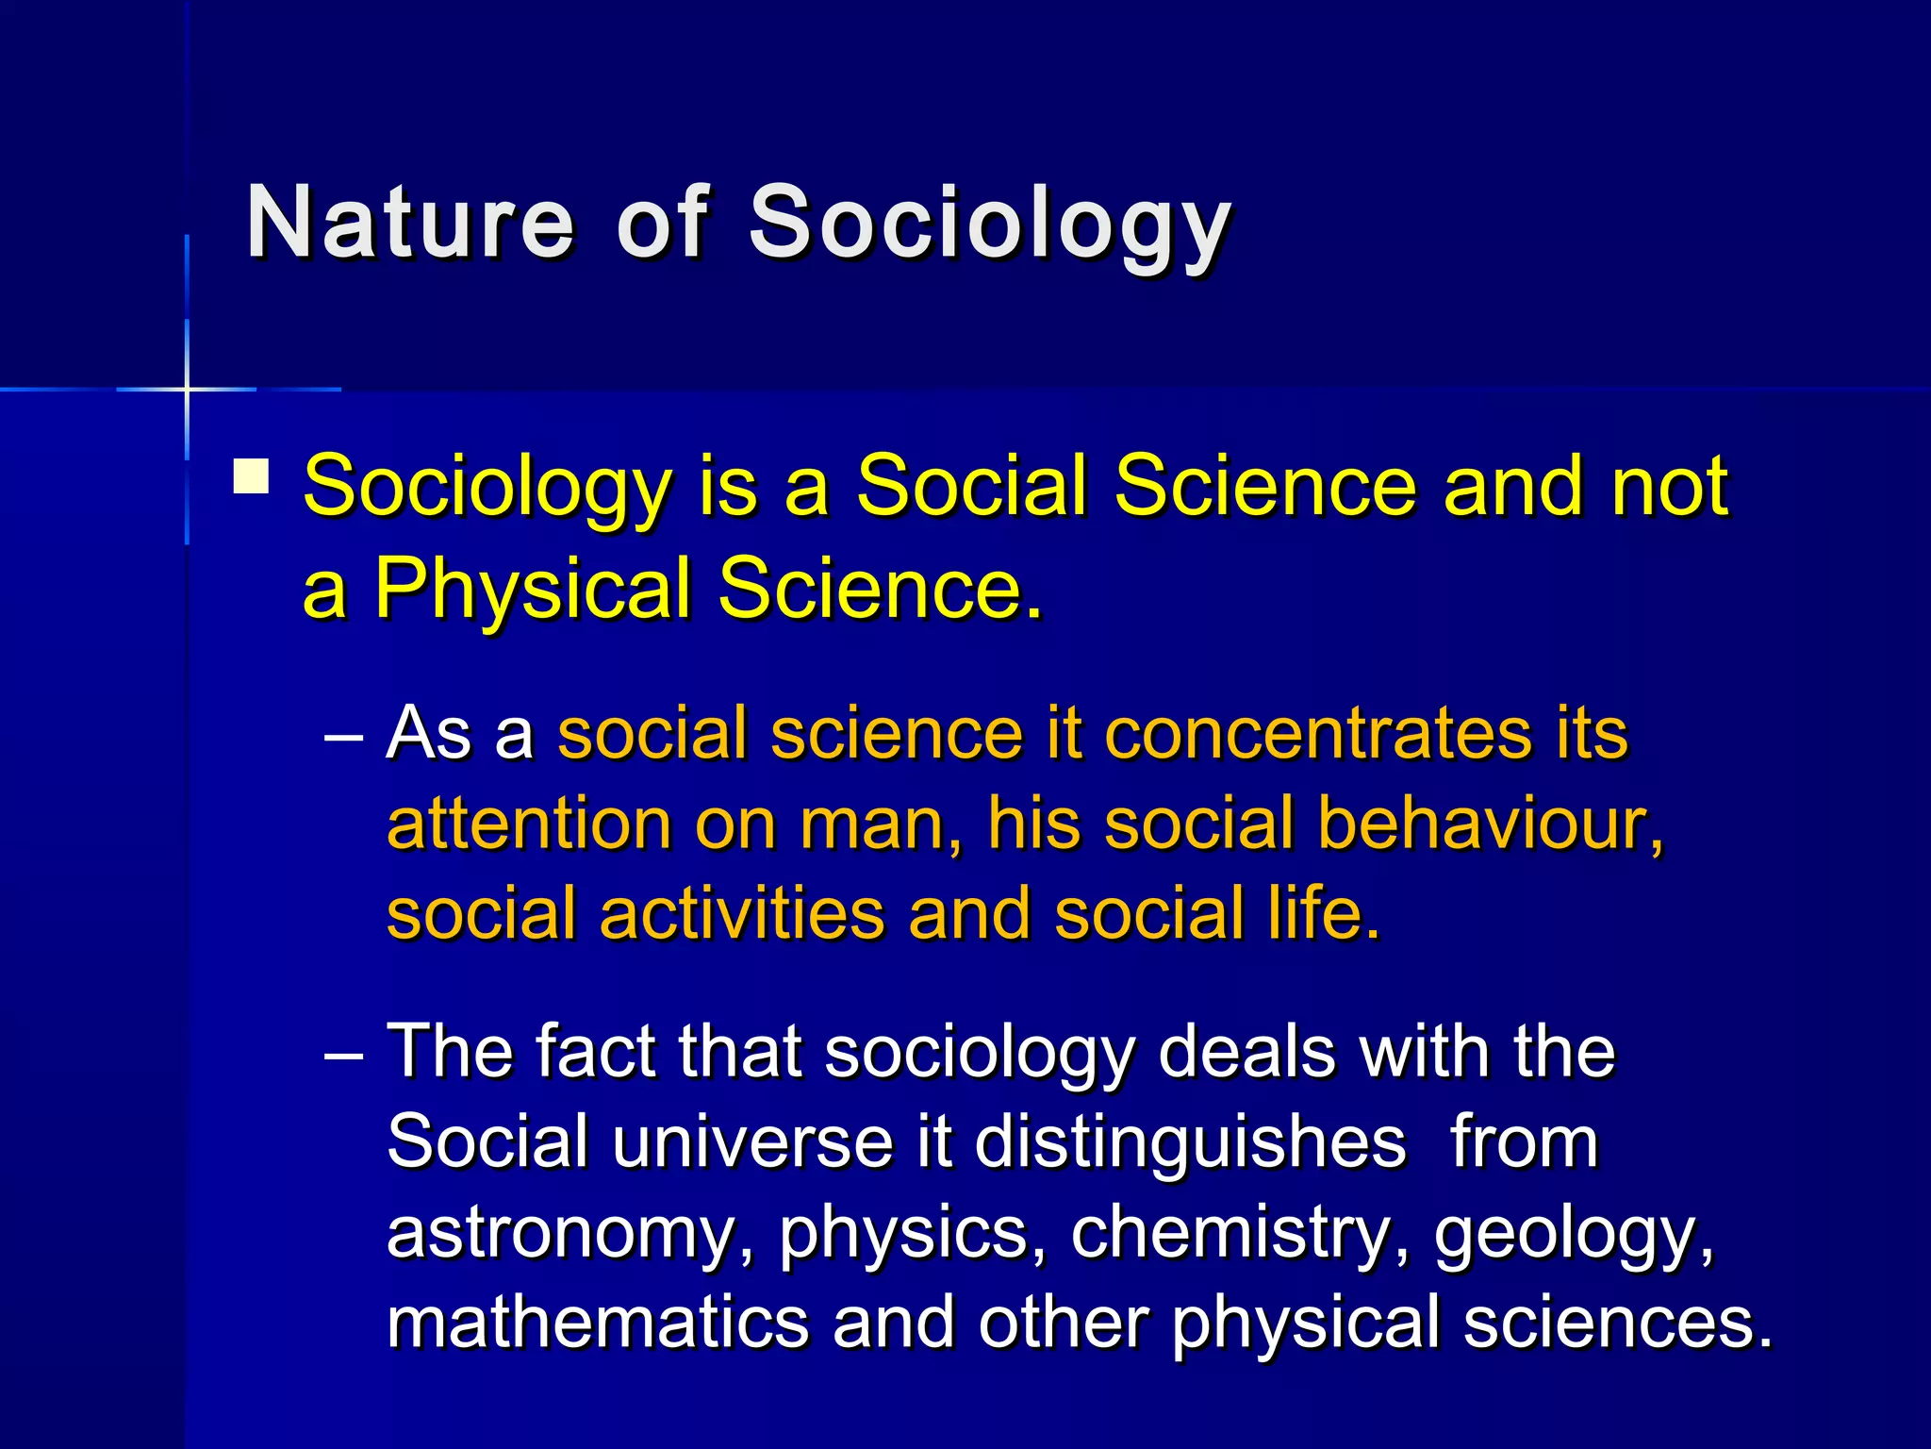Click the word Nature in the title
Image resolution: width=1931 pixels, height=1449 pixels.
coord(409,223)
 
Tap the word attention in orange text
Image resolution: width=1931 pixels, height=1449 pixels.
coord(528,824)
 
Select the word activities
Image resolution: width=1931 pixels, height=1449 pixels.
coord(742,915)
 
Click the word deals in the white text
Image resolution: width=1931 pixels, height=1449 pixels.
coord(1245,1053)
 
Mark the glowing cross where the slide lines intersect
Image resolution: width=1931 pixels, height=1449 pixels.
coord(187,389)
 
